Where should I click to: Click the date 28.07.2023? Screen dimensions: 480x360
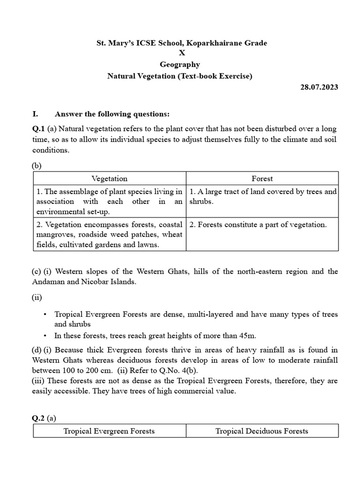[318, 87]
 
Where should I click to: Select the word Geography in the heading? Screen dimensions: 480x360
[180, 65]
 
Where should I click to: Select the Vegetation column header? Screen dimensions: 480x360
[109, 179]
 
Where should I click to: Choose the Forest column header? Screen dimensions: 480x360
[262, 179]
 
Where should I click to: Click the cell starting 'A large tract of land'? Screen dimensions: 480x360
[262, 196]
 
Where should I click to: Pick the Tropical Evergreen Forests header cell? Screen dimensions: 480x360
[109, 431]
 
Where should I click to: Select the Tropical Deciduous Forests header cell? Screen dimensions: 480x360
[262, 431]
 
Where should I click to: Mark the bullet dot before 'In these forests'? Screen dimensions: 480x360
[45, 335]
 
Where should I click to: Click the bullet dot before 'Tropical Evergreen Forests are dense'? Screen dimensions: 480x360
[45, 315]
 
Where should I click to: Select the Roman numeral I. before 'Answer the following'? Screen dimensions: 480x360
[35, 114]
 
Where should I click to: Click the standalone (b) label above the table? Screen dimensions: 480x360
[37, 165]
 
